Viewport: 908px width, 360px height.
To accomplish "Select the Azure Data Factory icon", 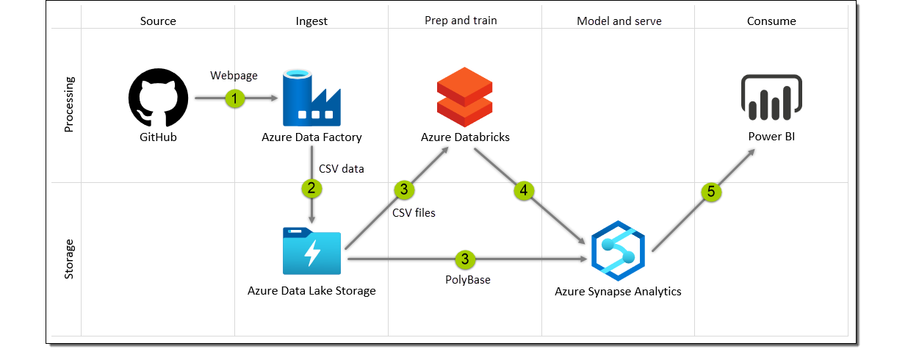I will tap(311, 98).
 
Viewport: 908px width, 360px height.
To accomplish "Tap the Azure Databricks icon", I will tap(464, 96).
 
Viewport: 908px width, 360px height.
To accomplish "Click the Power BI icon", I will tap(771, 97).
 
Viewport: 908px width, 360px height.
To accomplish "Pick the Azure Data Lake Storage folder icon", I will tap(311, 251).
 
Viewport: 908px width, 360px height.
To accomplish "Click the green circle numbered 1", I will tap(234, 98).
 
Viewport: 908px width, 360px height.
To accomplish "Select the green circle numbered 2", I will tap(311, 188).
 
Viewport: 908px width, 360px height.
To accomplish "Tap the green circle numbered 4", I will tap(523, 190).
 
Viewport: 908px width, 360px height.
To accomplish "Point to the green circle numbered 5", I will tap(710, 192).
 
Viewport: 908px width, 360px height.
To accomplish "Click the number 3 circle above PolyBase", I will tap(465, 259).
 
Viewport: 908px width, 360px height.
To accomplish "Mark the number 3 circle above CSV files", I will tap(404, 190).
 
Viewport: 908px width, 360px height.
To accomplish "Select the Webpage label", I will tap(234, 76).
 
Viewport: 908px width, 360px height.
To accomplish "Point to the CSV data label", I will tap(342, 168).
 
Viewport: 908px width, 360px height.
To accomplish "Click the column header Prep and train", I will tap(461, 21).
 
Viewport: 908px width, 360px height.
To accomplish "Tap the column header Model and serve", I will tap(619, 21).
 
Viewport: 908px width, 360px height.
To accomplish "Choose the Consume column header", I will tap(771, 21).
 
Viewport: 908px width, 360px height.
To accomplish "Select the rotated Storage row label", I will tap(69, 258).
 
